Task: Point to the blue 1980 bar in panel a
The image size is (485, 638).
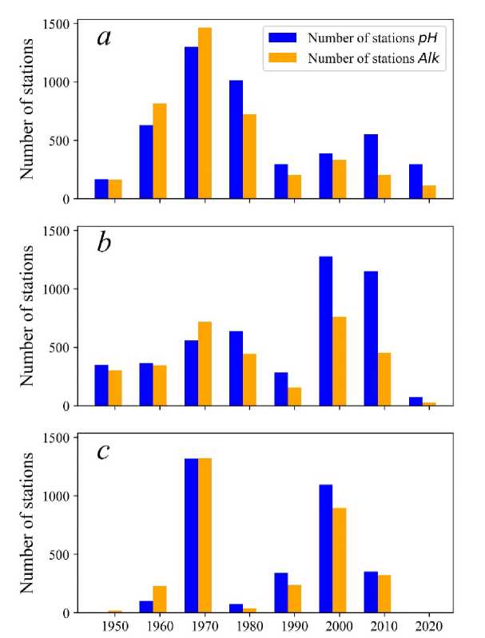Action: point(237,139)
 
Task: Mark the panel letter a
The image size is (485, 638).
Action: point(104,37)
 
